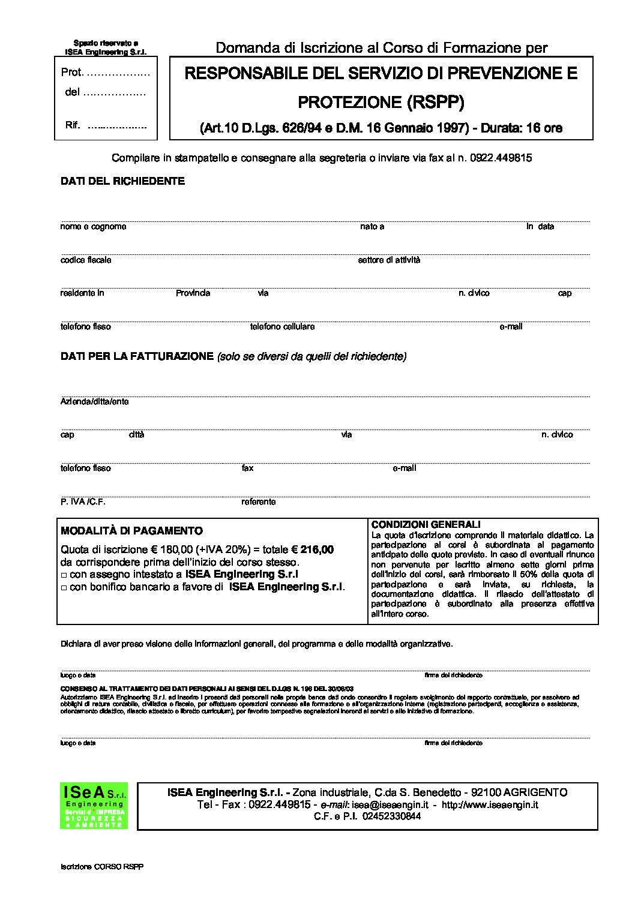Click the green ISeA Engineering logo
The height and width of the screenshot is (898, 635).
pyautogui.click(x=94, y=806)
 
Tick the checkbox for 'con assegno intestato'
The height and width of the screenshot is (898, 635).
pyautogui.click(x=64, y=575)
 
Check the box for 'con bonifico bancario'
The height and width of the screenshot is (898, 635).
pyautogui.click(x=64, y=588)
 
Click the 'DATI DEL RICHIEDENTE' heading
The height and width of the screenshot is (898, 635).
pyautogui.click(x=122, y=181)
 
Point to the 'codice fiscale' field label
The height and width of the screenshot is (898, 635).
pyautogui.click(x=86, y=260)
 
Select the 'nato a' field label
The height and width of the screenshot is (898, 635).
pyautogui.click(x=372, y=227)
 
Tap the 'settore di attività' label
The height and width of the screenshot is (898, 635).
pyautogui.click(x=389, y=260)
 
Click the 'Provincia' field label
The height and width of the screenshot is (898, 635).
pyautogui.click(x=193, y=293)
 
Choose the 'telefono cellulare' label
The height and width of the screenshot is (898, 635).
pyautogui.click(x=282, y=327)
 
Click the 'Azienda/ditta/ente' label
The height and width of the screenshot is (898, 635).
pyautogui.click(x=94, y=402)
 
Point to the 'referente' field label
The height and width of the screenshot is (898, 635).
pyautogui.click(x=259, y=502)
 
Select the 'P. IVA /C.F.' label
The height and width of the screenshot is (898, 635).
pyautogui.click(x=83, y=502)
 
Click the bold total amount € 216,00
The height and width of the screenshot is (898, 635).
pyautogui.click(x=313, y=549)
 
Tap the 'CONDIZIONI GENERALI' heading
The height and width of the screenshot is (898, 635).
pyautogui.click(x=426, y=524)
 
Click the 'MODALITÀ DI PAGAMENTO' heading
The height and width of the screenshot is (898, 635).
pyautogui.click(x=132, y=531)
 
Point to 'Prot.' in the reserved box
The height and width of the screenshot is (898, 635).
pyautogui.click(x=71, y=73)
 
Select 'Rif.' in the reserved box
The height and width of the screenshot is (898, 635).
pyautogui.click(x=73, y=125)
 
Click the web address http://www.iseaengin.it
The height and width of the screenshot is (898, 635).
pyautogui.click(x=490, y=805)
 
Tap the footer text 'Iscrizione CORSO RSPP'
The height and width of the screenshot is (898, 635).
pyautogui.click(x=102, y=867)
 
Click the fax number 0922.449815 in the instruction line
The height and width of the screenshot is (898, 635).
pyautogui.click(x=501, y=158)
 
